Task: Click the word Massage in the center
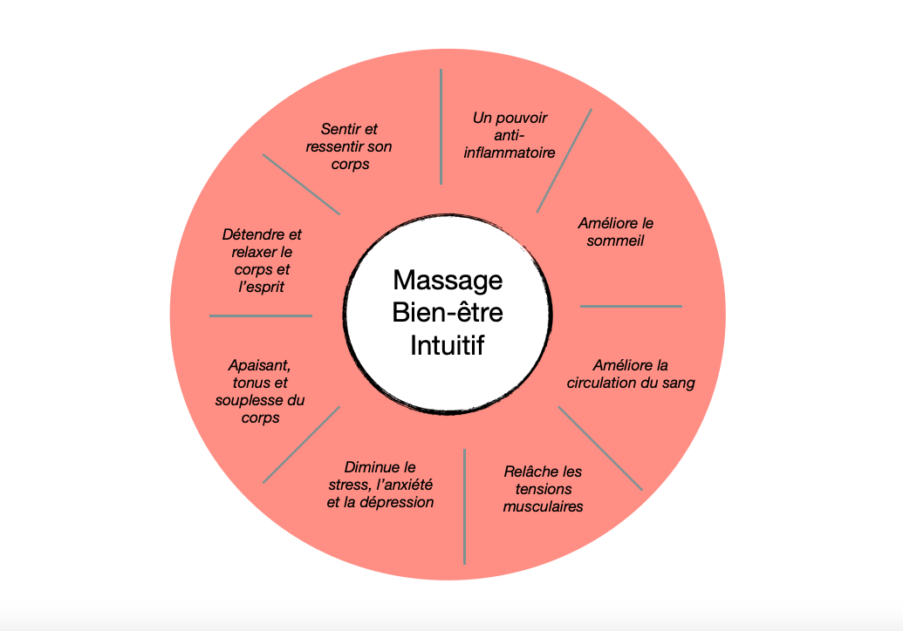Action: pyautogui.click(x=448, y=281)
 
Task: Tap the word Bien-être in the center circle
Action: pyautogui.click(x=448, y=312)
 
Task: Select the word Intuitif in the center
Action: pyautogui.click(x=448, y=344)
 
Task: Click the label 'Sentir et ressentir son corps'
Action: pyautogui.click(x=349, y=146)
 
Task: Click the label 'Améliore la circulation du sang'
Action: pyautogui.click(x=631, y=374)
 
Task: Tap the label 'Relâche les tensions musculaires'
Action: pyautogui.click(x=543, y=488)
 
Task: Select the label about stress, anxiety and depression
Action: pyautogui.click(x=380, y=485)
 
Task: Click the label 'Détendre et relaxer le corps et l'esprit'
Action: pyautogui.click(x=262, y=260)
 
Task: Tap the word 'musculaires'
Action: pyautogui.click(x=543, y=505)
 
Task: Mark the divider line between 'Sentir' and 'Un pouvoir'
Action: pyautogui.click(x=441, y=126)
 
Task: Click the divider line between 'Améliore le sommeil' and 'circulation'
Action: pyautogui.click(x=631, y=306)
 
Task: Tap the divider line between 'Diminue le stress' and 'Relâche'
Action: pyautogui.click(x=464, y=505)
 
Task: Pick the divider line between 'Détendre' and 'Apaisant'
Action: pyautogui.click(x=261, y=315)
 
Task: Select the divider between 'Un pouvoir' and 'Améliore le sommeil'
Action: pyautogui.click(x=564, y=160)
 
